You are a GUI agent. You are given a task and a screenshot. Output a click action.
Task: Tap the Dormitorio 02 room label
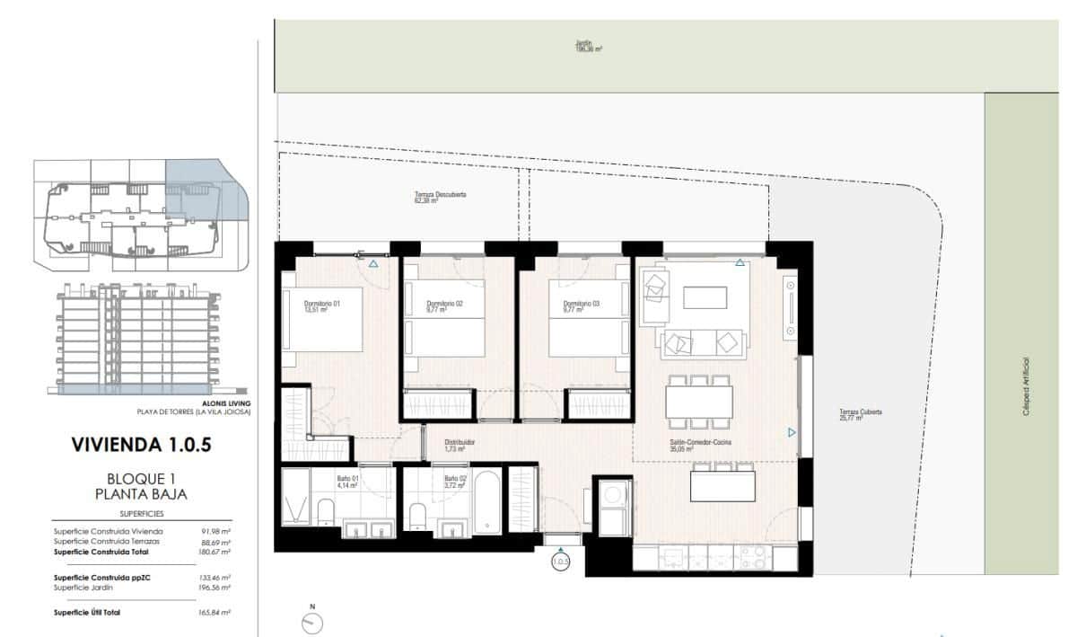[x=444, y=307]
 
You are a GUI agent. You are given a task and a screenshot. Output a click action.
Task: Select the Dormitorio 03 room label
[x=582, y=307]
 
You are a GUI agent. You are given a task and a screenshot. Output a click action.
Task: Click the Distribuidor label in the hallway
[x=460, y=446]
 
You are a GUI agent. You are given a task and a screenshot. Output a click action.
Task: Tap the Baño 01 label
[x=348, y=482]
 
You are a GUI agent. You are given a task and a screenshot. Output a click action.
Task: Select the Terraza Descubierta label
[x=440, y=198]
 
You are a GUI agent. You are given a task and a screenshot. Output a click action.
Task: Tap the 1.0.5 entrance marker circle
[x=561, y=562]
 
